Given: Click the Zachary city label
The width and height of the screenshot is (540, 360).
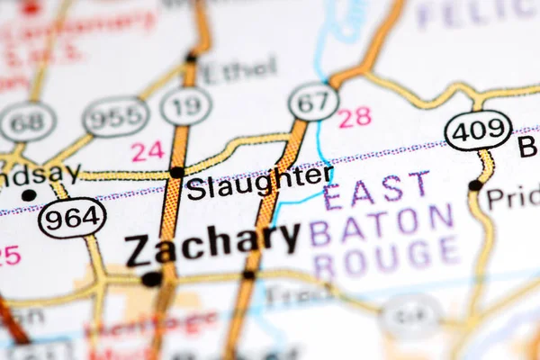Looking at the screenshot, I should point(212,243).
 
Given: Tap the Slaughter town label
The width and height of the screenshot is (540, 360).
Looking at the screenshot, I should point(259,183).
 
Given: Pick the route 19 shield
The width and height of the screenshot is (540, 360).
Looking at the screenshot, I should point(186,106).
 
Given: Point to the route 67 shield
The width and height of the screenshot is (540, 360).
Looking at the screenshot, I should point(314,102).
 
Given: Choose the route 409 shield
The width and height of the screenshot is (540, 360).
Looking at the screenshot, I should point(478,130).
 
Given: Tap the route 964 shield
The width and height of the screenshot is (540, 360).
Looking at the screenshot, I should point(72,217).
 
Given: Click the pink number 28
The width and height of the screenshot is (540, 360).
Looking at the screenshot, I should point(355,117).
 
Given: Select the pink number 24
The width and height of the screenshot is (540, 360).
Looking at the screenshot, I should point(148,151).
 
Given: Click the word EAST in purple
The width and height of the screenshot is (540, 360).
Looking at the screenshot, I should point(376,191).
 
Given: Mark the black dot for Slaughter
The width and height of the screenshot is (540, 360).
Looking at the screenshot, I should point(177,172).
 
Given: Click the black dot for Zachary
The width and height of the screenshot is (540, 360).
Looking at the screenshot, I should point(151,279).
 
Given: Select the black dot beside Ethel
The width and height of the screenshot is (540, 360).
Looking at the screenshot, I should point(191,58).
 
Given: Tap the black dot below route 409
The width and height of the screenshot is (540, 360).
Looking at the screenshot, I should point(474,185).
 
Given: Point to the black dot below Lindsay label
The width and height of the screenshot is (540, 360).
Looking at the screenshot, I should point(29,194).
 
